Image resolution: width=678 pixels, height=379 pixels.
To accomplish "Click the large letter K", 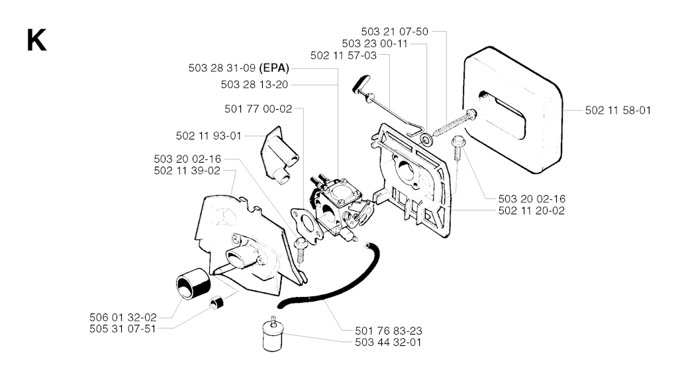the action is (36, 40).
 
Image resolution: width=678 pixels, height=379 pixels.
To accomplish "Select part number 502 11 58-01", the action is (618, 110).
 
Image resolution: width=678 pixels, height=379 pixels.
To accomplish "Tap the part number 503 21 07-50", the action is (395, 32).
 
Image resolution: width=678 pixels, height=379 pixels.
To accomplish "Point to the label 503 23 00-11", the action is (375, 44).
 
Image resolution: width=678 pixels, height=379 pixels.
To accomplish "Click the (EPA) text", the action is (274, 68).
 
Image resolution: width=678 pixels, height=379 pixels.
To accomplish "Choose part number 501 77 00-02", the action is (259, 109).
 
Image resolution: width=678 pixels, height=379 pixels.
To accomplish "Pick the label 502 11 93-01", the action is (209, 136).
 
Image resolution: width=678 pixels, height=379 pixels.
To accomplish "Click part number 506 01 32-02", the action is (123, 317).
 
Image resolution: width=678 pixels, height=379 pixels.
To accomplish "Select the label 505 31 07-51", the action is (122, 329).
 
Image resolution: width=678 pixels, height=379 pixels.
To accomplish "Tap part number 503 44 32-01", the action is (388, 342).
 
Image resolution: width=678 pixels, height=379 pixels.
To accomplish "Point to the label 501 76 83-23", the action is (389, 331).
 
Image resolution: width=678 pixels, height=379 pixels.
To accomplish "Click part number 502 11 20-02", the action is (532, 210).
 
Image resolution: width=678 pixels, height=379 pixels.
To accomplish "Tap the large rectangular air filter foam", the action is (513, 110).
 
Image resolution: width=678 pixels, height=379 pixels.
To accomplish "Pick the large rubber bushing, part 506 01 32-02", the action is (193, 282).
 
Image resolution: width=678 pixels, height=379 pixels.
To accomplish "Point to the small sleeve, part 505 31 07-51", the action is (216, 302).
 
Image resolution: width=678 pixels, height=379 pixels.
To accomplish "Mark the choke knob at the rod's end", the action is (359, 83).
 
